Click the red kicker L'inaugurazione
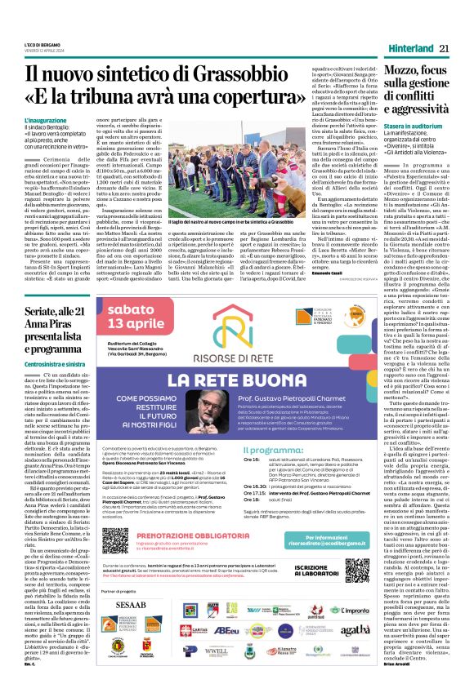(x=46, y=121)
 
